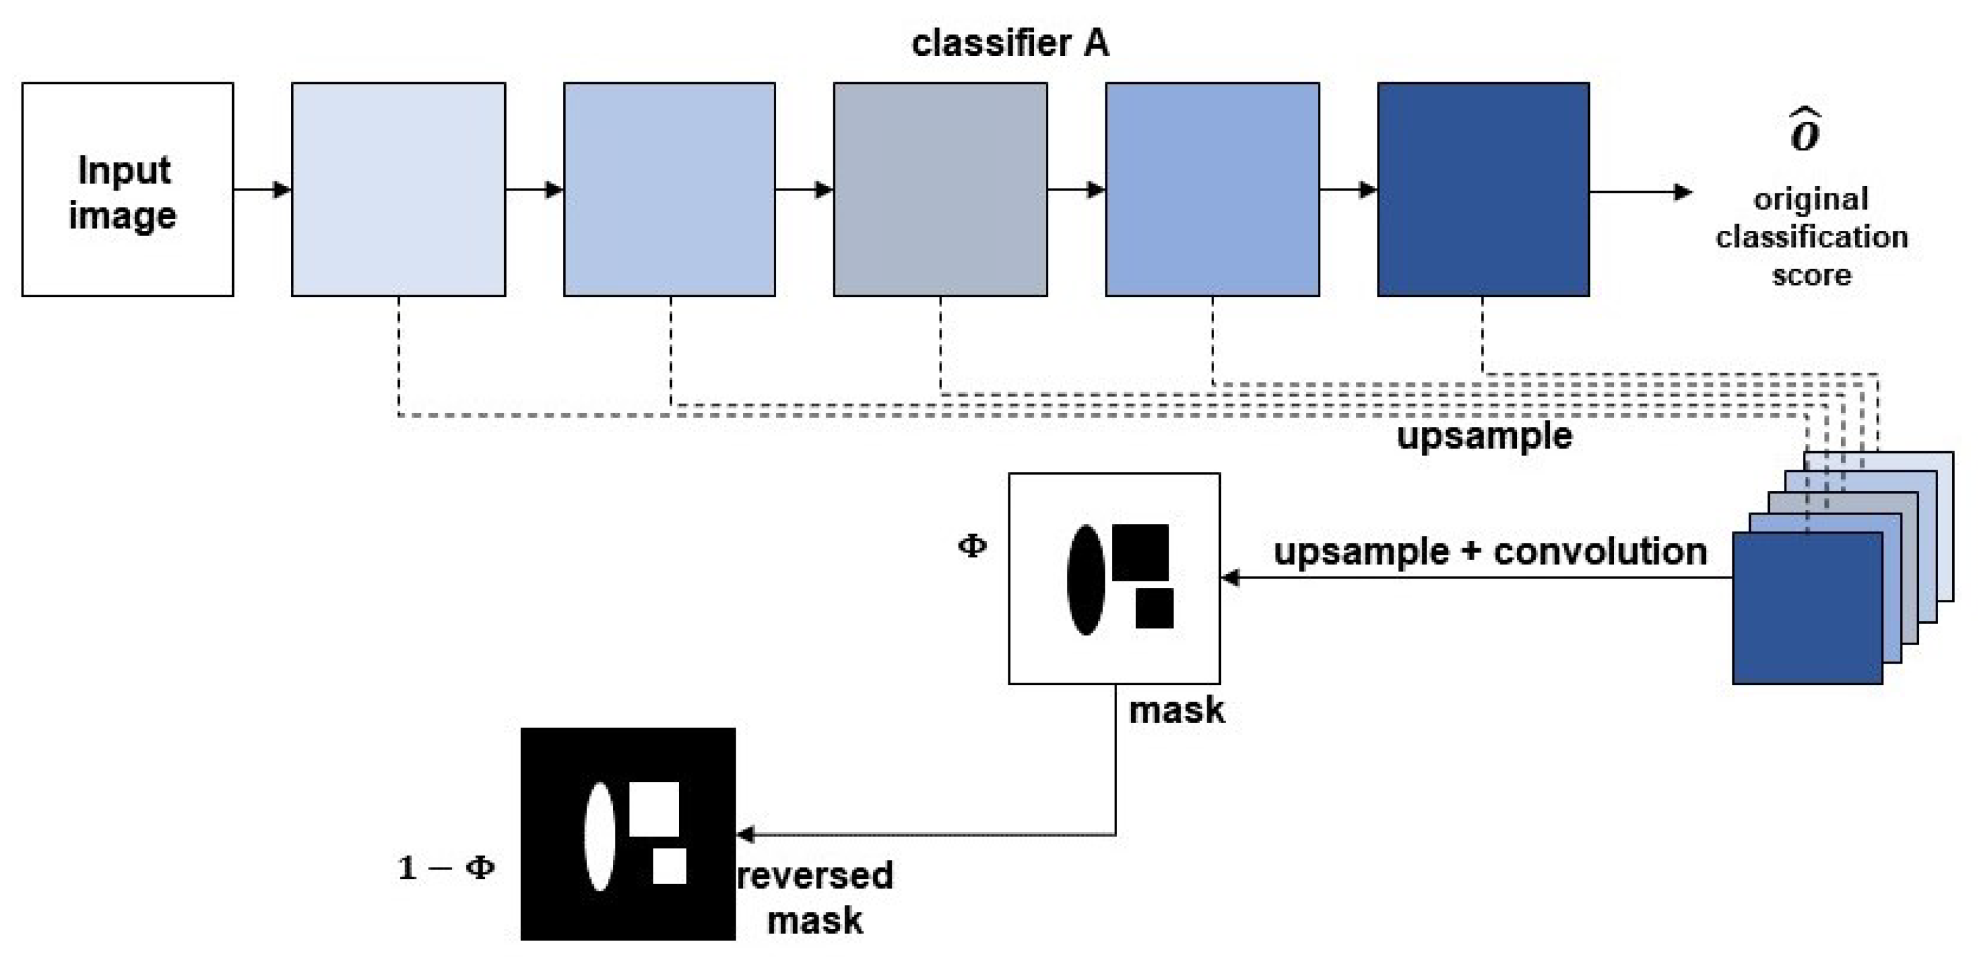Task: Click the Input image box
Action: click(128, 190)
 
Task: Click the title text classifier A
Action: click(1010, 44)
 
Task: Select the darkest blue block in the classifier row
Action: click(1482, 190)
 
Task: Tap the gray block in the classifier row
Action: click(940, 190)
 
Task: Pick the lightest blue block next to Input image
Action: click(399, 190)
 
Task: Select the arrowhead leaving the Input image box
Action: click(282, 190)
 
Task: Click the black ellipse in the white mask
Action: click(1086, 580)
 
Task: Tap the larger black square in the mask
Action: click(1140, 553)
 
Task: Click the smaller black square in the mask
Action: click(1154, 608)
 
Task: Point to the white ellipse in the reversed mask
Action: click(600, 837)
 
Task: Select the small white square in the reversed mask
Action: click(669, 866)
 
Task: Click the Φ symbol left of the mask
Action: click(972, 546)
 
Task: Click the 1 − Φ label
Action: click(446, 868)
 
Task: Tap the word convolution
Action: click(1600, 552)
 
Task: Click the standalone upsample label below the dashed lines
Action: click(1484, 436)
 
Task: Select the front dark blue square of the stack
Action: click(1807, 608)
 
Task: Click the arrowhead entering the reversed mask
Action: click(745, 834)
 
